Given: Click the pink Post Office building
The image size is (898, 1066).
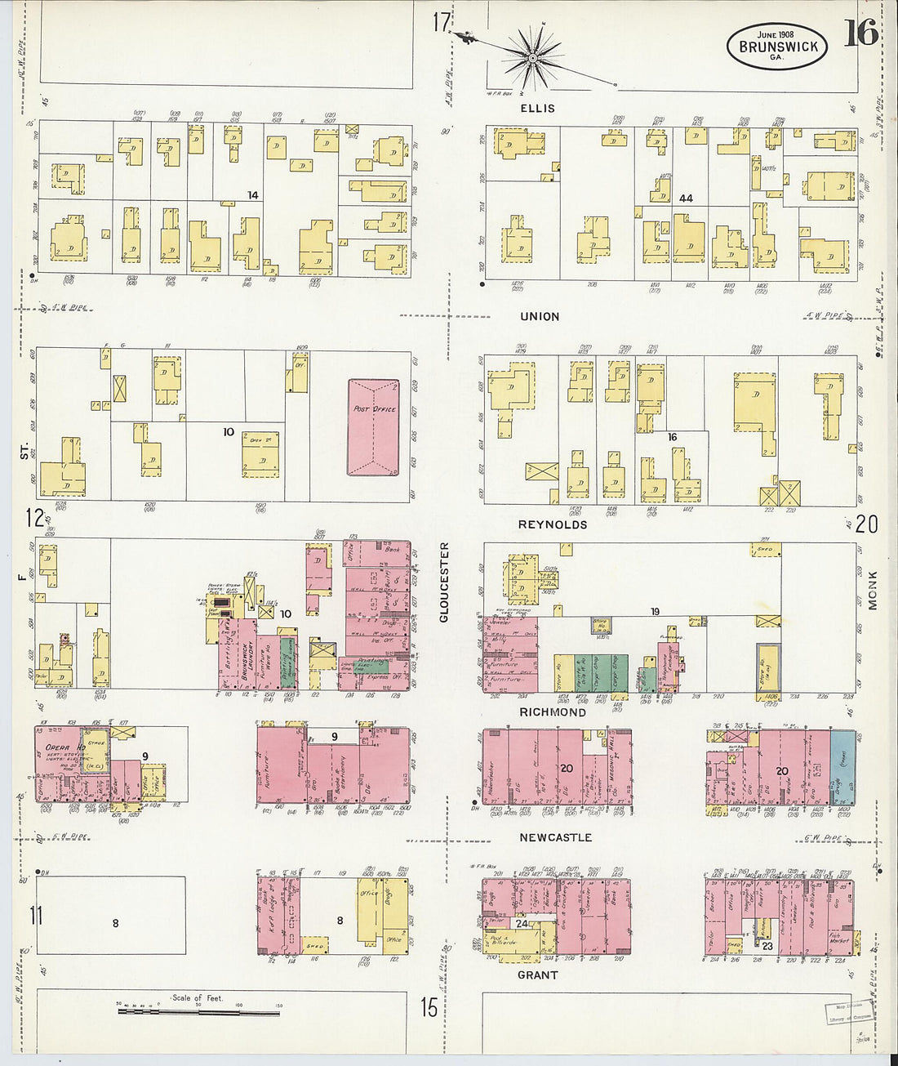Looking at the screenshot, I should pos(373,426).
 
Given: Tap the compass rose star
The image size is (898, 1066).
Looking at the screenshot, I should pos(532,57).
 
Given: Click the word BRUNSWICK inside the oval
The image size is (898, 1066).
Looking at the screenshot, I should pos(777,47).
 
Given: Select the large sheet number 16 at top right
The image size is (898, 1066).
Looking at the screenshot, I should pos(860,33).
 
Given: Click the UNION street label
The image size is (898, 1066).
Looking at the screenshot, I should pos(540,316).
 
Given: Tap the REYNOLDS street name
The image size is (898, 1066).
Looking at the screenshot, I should pos(553,524).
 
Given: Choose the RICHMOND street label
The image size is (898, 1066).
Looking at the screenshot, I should pos(553,712).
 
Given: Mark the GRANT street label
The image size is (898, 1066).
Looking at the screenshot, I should pos(537,975).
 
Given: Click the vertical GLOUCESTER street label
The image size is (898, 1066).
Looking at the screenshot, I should pos(444,582).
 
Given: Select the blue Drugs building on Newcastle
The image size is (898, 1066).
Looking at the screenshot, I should pos(842,768).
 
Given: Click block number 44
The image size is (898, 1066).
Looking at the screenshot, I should pos(686,198).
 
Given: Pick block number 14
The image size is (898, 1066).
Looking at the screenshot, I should pos(253,195).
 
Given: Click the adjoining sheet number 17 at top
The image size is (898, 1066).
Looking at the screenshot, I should pos(442,22).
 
